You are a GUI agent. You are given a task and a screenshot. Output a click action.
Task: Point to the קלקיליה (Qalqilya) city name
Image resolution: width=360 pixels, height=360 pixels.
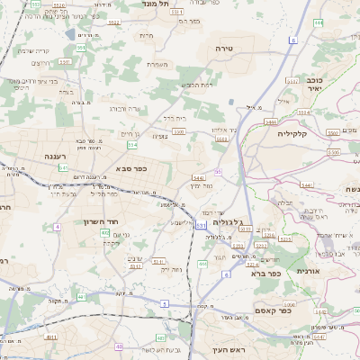coord(293,134)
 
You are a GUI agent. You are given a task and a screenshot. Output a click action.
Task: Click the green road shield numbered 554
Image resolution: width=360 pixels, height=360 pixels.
coord(132,144)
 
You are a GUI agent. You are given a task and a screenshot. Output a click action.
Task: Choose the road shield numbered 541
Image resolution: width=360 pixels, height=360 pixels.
coord(63,167)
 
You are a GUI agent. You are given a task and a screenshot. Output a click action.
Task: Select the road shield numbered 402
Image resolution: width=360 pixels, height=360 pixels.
coord(105,233)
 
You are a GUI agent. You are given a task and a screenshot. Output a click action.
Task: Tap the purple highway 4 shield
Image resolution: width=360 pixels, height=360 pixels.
coord(57,227)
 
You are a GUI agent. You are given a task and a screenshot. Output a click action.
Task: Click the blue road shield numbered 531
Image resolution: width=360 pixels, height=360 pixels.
coord(200,224)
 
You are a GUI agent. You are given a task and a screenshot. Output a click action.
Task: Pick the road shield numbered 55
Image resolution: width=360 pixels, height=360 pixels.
coord(217,171)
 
